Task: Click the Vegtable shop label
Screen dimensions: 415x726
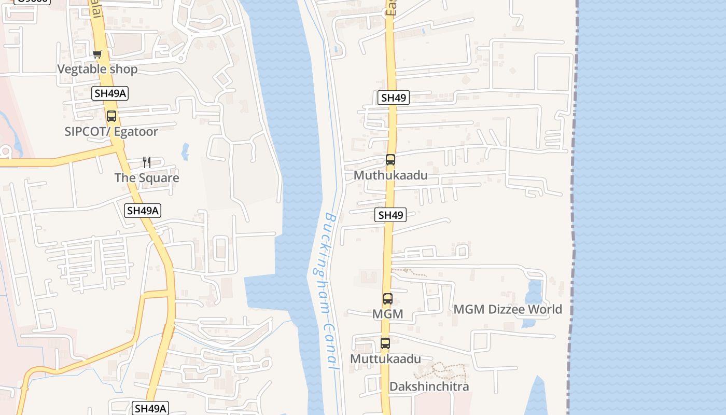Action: [97, 69]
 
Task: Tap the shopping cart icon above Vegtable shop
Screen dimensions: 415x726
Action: [97, 54]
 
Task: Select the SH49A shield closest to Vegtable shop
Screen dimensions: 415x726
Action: [110, 93]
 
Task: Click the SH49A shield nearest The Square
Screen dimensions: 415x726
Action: [143, 210]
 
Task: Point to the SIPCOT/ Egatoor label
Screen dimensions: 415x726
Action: [111, 131]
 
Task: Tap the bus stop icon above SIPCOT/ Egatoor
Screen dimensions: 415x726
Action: [111, 116]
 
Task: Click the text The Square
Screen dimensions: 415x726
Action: [147, 178]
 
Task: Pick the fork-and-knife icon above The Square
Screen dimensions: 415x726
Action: [147, 162]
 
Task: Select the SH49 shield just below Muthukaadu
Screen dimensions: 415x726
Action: [390, 215]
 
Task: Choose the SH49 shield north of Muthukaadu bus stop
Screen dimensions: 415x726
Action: [393, 98]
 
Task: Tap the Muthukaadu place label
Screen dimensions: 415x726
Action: [390, 175]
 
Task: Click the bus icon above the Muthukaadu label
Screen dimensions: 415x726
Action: [390, 160]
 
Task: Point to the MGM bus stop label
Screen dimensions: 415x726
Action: [387, 314]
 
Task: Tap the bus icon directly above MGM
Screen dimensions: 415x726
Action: [388, 299]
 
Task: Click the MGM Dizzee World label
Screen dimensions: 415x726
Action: [508, 309]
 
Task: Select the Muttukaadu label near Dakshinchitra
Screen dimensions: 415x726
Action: [385, 359]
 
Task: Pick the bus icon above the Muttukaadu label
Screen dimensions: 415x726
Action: [385, 343]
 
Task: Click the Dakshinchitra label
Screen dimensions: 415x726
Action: [429, 386]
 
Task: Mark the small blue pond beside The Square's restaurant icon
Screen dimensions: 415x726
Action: [185, 152]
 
